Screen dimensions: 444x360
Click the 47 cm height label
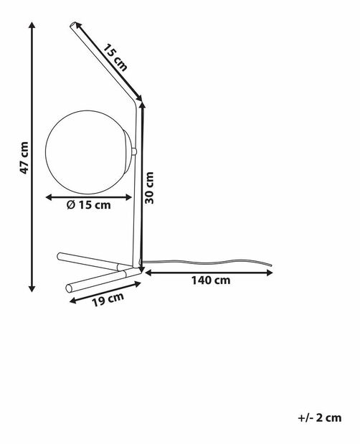24,159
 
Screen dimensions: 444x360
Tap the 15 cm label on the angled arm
114,57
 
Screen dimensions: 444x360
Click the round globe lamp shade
88,151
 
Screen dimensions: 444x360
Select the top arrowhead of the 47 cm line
32,24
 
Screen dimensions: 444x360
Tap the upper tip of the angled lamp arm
74,27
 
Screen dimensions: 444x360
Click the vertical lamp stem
136,201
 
